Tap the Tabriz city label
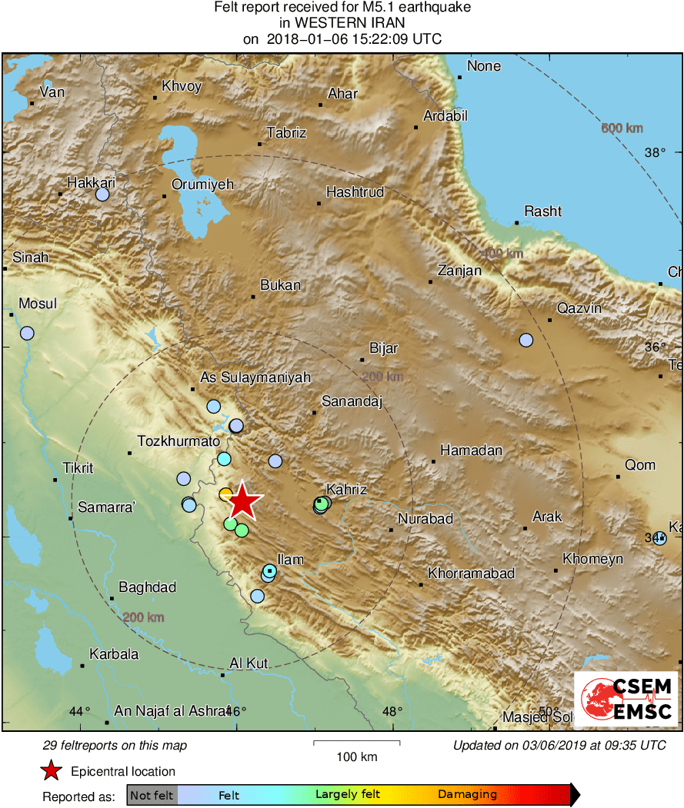coord(286,133)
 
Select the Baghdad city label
coord(146,587)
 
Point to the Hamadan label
coord(471,451)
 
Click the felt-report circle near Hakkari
coord(102,195)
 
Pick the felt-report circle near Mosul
coord(27,333)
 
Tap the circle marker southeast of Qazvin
coord(526,340)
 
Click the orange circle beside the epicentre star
coord(225,494)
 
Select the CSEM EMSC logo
coord(626,699)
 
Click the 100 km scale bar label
coord(357,756)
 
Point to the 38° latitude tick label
coord(655,152)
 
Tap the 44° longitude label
coord(79,711)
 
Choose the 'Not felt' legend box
coord(152,795)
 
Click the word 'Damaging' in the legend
coord(467,795)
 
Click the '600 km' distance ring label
coord(622,128)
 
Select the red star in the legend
coord(51,771)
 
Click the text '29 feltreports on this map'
coord(115,745)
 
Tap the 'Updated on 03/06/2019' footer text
coord(559,745)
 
